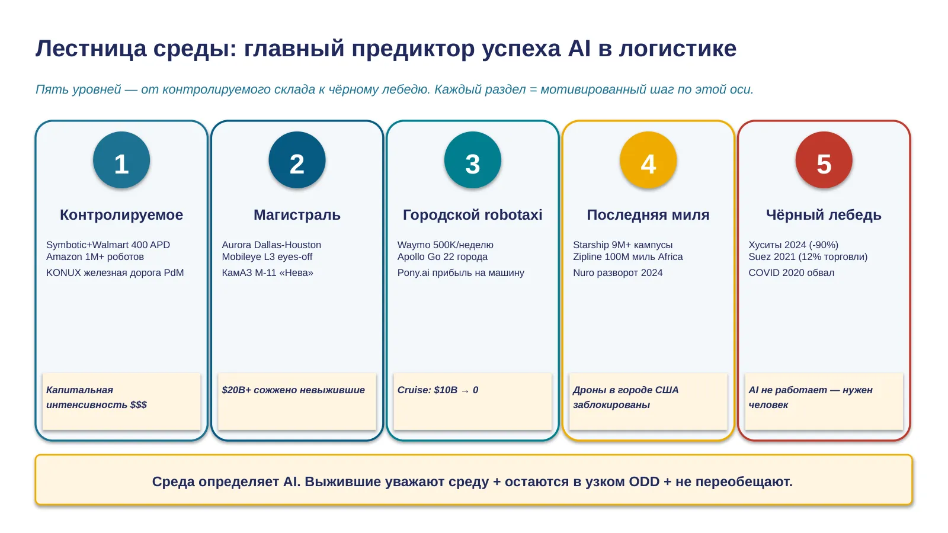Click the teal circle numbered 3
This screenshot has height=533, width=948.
click(472, 160)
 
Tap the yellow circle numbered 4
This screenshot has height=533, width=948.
click(648, 160)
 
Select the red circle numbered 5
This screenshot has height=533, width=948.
click(824, 160)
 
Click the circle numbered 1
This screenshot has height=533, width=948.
click(121, 160)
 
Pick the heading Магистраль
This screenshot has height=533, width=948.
click(297, 215)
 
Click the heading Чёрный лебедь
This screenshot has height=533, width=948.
click(824, 215)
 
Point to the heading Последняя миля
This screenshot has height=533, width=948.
click(648, 215)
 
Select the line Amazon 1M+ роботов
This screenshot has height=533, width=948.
click(95, 257)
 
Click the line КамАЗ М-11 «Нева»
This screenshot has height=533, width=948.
click(267, 273)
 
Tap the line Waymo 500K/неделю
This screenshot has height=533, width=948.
click(445, 245)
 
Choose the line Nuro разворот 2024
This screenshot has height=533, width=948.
click(618, 273)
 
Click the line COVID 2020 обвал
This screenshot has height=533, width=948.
click(792, 273)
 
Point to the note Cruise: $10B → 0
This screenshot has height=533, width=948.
click(438, 390)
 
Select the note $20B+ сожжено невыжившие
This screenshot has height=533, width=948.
click(293, 390)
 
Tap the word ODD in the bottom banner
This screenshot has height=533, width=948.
click(644, 481)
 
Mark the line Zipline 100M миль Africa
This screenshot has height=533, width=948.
click(627, 257)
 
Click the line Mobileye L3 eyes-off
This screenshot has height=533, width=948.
click(267, 257)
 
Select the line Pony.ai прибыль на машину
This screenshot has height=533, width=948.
click(460, 273)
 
